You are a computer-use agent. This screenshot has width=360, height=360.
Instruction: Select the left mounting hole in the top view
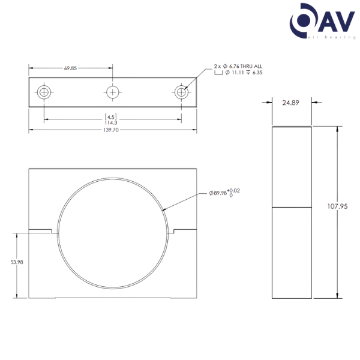(44, 92)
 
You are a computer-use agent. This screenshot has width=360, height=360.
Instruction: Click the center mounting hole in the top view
(112, 92)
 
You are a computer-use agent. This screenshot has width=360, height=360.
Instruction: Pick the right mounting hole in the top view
(181, 92)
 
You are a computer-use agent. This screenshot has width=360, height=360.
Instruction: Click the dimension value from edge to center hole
(70, 68)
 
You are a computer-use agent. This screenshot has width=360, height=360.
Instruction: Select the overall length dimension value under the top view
(112, 129)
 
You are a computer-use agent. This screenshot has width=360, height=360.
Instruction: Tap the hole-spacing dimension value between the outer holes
(112, 116)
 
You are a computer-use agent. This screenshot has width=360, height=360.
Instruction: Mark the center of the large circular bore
(112, 235)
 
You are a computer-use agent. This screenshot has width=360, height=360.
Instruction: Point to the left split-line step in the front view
(53, 231)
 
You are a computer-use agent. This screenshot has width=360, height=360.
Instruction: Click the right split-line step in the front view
(170, 231)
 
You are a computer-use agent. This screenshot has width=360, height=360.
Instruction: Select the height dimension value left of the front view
(17, 263)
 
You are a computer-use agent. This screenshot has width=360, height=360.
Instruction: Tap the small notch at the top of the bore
(112, 178)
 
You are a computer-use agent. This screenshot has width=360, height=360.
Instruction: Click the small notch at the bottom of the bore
(112, 289)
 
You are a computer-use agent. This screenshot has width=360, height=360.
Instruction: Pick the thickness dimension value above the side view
(290, 103)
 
